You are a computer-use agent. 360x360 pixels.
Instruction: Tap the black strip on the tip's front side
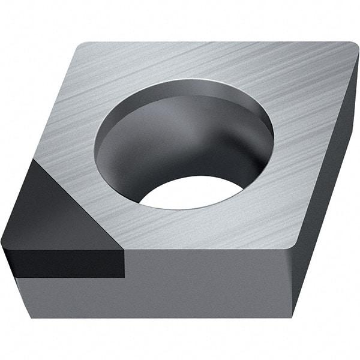[66, 264]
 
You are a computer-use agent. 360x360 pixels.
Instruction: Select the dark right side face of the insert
[330, 180]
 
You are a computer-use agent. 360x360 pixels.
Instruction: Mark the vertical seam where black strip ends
[125, 264]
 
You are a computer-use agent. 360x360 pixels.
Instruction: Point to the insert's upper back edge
[216, 43]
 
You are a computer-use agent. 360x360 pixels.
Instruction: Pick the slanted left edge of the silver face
[57, 102]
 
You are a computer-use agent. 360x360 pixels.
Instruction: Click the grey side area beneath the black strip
[72, 297]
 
